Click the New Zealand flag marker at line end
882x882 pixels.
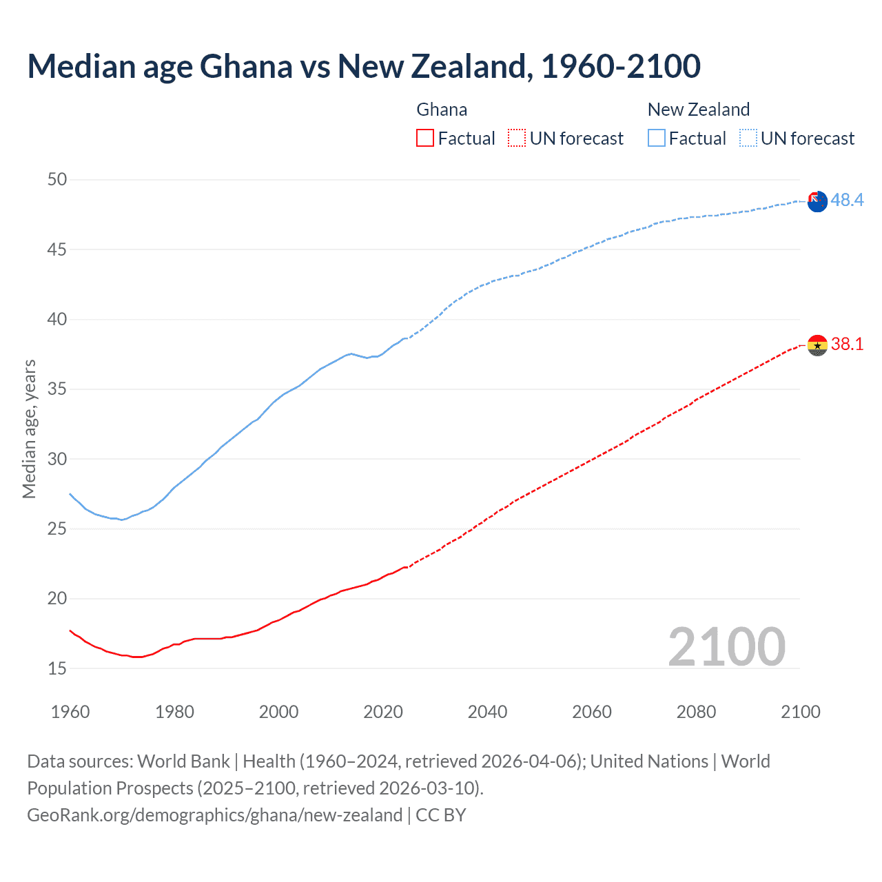pos(817,202)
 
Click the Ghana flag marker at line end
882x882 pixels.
pos(817,345)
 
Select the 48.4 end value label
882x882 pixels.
pos(847,201)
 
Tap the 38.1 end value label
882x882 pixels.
pos(847,344)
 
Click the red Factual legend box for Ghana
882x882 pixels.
pos(425,139)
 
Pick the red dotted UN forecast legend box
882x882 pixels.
pos(517,139)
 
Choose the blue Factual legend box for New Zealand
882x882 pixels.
pos(657,139)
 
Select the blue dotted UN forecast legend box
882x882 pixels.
pos(748,139)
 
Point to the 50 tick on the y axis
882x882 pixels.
pos(57,180)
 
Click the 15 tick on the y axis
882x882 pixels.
pos(57,668)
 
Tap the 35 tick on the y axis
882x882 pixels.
pos(57,389)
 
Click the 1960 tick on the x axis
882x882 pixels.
pos(70,712)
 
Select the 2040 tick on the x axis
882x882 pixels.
pos(487,712)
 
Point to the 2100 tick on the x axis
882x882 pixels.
pos(800,712)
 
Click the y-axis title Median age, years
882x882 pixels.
pos(29,429)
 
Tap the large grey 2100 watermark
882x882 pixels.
pos(726,647)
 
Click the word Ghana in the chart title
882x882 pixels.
pos(246,66)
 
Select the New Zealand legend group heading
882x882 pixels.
pos(698,110)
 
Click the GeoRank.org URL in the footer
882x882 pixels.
pos(214,815)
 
